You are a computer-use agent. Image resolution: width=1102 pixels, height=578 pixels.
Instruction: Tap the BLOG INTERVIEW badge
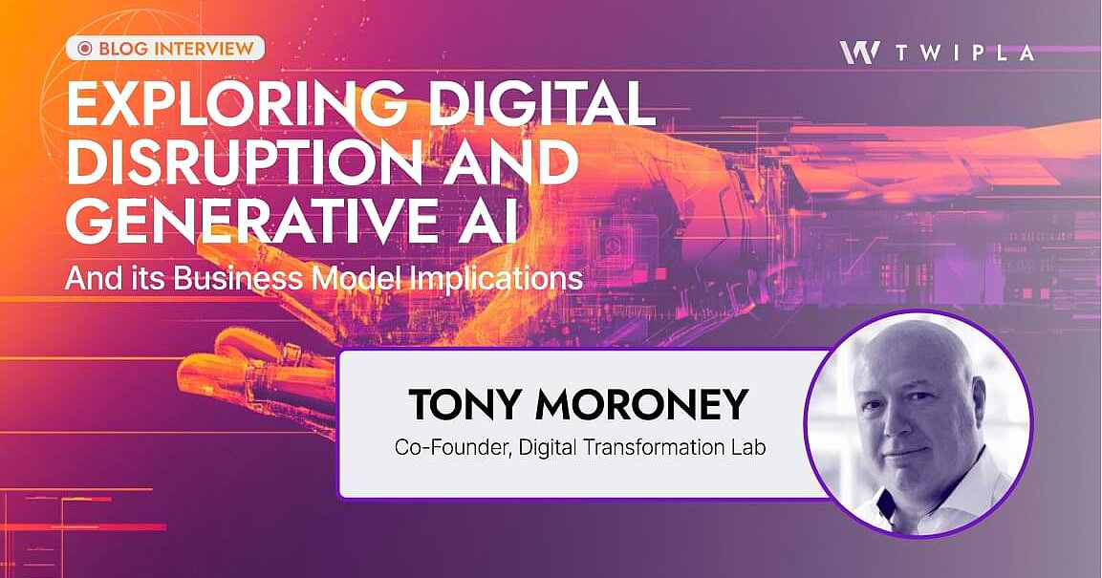coord(164,47)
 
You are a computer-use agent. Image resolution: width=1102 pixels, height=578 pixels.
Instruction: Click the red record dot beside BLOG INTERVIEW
coord(84,48)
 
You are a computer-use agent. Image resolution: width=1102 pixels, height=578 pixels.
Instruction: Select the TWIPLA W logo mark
coord(859,53)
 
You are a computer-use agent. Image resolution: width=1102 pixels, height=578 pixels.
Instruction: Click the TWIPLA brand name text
coord(965,54)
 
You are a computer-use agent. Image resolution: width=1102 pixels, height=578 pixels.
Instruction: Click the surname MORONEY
coord(640,405)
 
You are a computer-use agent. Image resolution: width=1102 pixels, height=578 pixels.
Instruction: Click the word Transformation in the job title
coord(652,447)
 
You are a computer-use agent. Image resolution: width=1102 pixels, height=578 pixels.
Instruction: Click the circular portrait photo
coord(918,420)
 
